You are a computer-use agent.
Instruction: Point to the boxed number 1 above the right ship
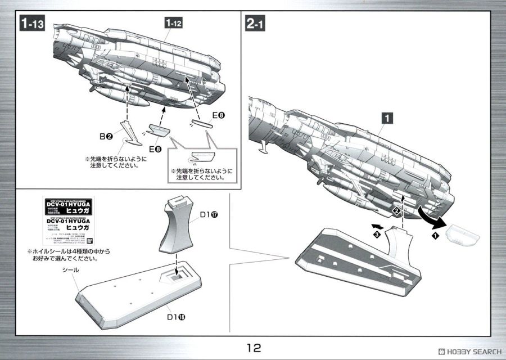click(x=387, y=118)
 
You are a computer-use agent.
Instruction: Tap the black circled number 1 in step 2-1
click(x=435, y=237)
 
